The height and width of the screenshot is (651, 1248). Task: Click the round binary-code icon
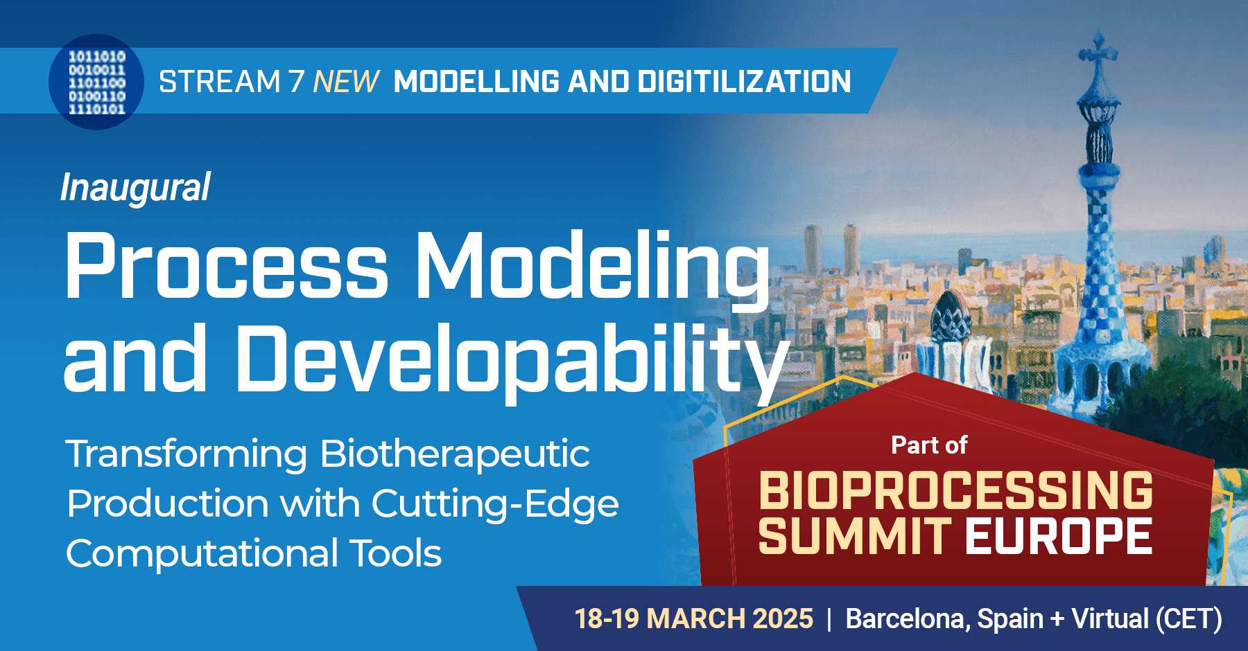pos(96,82)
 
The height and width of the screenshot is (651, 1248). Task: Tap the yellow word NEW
pos(346,82)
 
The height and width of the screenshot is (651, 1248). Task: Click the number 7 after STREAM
pos(297,82)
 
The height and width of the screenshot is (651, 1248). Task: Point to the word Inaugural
pos(135,188)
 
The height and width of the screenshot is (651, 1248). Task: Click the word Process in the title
pos(226,267)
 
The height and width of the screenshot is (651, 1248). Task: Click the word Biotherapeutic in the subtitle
pos(455,454)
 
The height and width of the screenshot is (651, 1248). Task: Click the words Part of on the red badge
pos(929,445)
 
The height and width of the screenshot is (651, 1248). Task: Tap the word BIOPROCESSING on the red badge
pos(955,490)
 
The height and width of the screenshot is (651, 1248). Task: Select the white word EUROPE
pos(1058,536)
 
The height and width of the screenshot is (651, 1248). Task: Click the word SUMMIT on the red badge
pos(854,536)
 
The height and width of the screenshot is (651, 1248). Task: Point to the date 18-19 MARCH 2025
pos(693,618)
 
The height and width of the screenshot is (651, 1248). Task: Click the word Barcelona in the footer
pos(908,618)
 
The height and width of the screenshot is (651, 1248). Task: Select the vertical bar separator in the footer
pos(829,618)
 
